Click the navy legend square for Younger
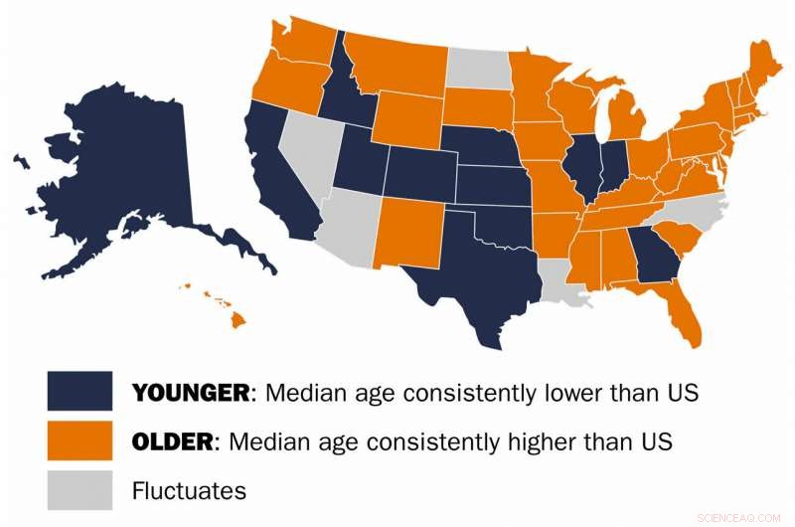click(79, 391)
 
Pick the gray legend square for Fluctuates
click(79, 490)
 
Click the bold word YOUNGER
click(190, 392)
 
